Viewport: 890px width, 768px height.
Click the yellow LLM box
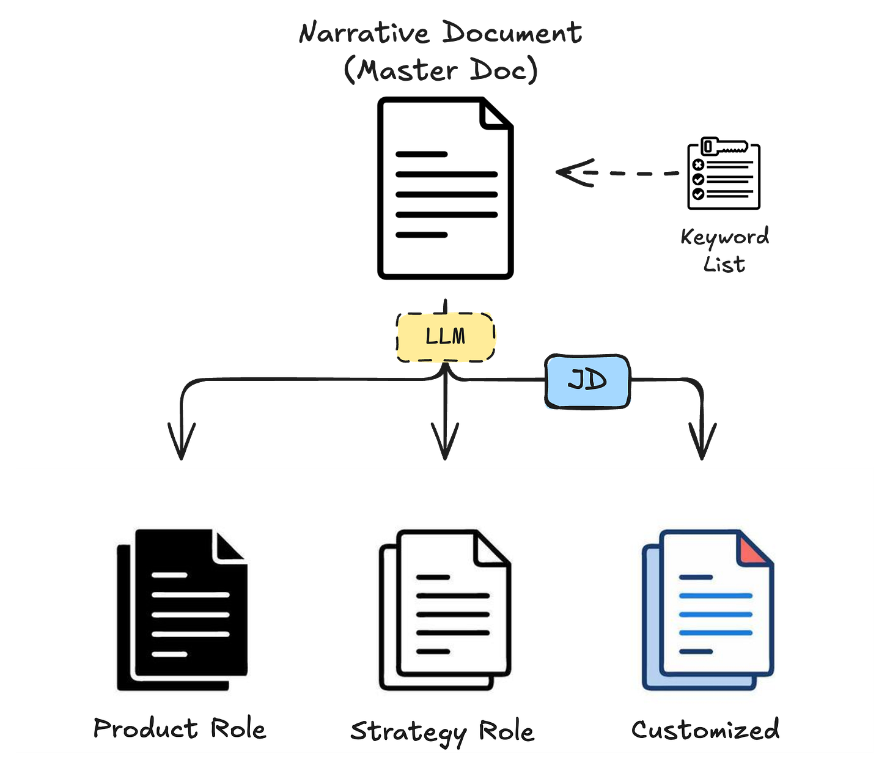click(x=446, y=336)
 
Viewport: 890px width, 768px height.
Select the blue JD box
click(x=587, y=381)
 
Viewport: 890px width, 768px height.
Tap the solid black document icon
click(x=182, y=610)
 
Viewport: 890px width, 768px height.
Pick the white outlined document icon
click(x=444, y=610)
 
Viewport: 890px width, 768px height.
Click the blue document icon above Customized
click(x=707, y=610)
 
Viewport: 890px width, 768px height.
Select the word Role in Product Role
click(x=238, y=729)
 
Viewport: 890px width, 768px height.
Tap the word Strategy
click(x=408, y=732)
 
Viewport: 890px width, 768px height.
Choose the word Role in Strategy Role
click(x=506, y=731)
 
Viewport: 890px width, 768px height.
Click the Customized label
click(x=705, y=729)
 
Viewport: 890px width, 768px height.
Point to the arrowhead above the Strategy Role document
click(x=445, y=446)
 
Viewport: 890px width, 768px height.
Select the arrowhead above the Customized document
click(x=702, y=446)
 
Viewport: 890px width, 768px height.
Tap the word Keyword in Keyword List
click(x=725, y=237)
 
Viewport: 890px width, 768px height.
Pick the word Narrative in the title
click(x=364, y=33)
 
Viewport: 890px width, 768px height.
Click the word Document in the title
click(x=512, y=33)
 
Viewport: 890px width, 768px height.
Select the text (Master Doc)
click(x=441, y=70)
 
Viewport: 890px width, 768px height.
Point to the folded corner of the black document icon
click(x=229, y=545)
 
